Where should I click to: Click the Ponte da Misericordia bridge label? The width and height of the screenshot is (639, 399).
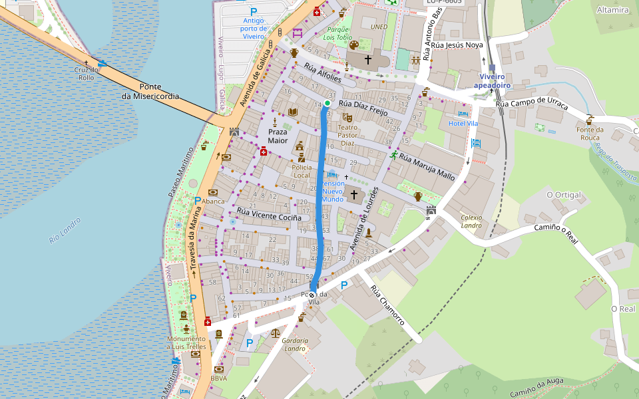tap(150, 91)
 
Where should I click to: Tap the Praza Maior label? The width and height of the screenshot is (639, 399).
tap(278, 136)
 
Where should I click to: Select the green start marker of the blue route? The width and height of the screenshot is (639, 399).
tap(327, 103)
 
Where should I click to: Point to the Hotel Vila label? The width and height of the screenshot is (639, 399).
tap(463, 124)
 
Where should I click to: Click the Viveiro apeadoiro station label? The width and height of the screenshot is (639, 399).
tap(492, 81)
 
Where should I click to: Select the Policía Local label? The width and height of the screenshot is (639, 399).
tap(302, 171)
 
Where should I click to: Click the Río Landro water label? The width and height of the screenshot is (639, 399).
tap(65, 230)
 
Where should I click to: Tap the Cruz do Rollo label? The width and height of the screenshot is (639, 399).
tap(87, 73)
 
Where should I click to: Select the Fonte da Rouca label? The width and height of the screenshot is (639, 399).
tap(590, 134)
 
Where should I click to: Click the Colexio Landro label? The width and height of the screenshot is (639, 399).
tap(471, 221)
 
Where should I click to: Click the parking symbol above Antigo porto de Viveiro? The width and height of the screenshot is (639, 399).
tap(253, 11)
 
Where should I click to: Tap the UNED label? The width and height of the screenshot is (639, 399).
tap(378, 27)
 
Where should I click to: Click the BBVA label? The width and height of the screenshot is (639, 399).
tap(218, 378)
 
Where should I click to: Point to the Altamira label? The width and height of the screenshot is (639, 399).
tap(612, 10)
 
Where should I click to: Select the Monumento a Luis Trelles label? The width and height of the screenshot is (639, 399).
tap(186, 342)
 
